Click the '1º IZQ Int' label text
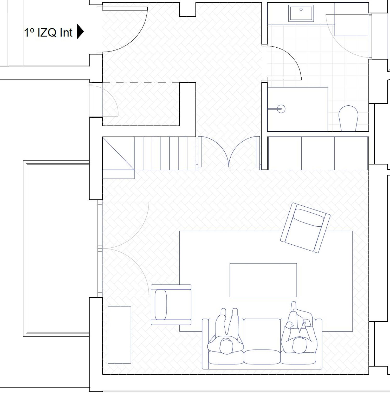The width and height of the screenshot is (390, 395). (48, 33)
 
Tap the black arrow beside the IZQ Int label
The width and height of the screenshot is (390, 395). (80, 31)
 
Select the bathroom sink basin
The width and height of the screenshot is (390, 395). (301, 13)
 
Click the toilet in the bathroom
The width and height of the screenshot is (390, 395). (348, 118)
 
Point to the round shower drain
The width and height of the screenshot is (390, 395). (281, 109)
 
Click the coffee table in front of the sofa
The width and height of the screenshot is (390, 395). (263, 280)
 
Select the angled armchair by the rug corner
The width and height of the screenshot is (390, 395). (305, 228)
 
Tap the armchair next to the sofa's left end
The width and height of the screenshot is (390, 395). (171, 305)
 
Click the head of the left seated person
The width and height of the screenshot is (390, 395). (226, 346)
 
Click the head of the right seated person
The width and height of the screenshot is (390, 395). (300, 345)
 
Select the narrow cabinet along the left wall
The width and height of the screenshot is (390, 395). (119, 335)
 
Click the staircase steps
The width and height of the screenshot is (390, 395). (165, 154)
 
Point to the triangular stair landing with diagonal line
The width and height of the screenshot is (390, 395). (118, 154)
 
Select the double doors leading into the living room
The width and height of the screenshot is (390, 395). (229, 152)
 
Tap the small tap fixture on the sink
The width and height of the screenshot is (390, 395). (301, 9)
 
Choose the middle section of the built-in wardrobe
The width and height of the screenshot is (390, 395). (318, 154)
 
